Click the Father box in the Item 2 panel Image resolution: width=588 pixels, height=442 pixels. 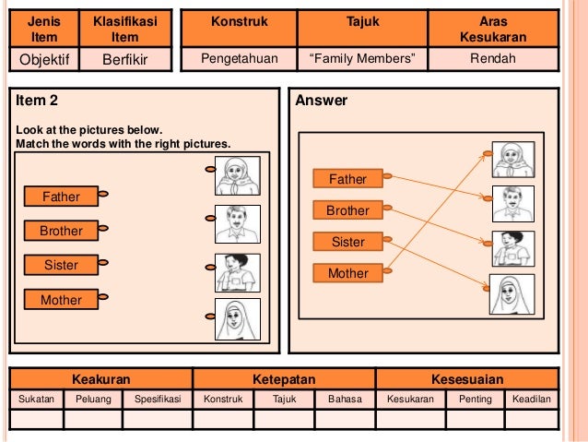62,197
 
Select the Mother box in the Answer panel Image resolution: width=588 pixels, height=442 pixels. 347,273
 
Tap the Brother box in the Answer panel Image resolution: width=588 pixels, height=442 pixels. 347,210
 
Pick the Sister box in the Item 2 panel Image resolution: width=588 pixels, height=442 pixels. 62,266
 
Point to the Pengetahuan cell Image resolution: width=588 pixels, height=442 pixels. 239,60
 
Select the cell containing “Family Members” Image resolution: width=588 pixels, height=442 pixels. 362,60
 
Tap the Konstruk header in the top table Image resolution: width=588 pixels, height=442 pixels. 239,20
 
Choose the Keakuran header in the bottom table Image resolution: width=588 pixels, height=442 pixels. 100,379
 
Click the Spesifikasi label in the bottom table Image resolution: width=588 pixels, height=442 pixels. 157,400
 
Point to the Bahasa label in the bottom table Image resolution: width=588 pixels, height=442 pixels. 340,400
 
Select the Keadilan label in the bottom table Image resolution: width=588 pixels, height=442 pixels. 530,400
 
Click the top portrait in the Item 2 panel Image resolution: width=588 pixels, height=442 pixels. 237,175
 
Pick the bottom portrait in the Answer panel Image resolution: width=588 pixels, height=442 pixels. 513,295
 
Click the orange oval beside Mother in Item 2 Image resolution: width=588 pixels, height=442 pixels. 104,297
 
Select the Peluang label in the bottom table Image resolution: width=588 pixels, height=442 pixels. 92,400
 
